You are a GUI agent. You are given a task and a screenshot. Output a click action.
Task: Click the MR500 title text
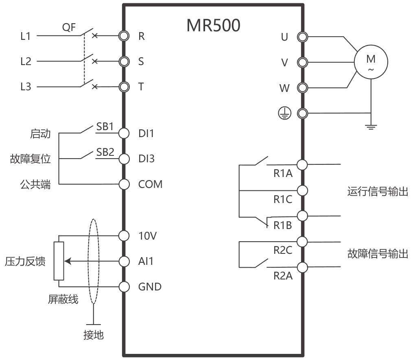click(x=213, y=25)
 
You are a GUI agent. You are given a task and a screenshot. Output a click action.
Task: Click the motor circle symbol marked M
click(x=371, y=62)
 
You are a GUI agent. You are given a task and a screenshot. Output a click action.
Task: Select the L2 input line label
click(x=26, y=61)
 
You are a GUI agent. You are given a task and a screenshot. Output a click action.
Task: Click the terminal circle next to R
click(x=124, y=36)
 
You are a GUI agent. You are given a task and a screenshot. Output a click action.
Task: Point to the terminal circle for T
click(x=124, y=87)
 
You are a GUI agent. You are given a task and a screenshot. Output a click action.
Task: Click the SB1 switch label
click(x=105, y=127)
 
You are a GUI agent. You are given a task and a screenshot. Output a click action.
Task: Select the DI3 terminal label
click(x=146, y=159)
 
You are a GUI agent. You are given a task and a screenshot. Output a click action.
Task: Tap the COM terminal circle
click(x=124, y=184)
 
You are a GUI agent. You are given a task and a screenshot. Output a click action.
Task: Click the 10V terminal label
click(x=148, y=236)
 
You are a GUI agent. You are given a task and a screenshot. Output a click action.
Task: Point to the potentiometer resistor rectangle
click(x=59, y=261)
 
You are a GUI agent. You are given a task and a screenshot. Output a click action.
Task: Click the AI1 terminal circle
click(x=124, y=261)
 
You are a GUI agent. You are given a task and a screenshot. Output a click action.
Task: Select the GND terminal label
click(x=150, y=286)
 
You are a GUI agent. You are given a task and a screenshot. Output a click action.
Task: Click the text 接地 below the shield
click(x=94, y=335)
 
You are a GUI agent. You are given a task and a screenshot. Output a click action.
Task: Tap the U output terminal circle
click(x=302, y=37)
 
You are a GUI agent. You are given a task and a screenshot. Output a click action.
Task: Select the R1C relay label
click(x=283, y=199)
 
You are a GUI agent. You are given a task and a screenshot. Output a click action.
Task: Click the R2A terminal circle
click(x=302, y=267)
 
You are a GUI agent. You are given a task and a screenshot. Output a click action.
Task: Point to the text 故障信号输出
click(x=378, y=254)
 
